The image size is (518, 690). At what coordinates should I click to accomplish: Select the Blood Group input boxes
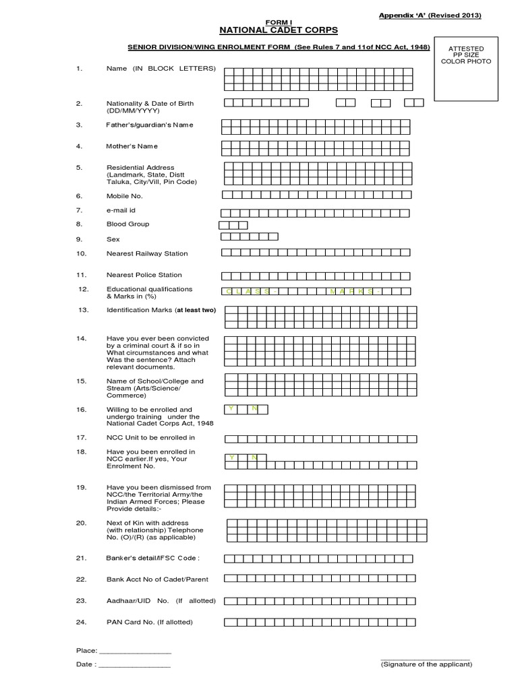[233, 225]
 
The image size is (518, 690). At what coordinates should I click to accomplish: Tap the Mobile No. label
[125, 196]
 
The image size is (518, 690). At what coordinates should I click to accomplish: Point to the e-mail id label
[121, 210]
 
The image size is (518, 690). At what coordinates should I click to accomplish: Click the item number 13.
[84, 310]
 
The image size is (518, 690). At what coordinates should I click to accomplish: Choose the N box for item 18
[254, 458]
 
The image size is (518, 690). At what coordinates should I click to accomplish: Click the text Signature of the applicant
[426, 664]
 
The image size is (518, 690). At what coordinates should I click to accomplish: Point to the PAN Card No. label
[150, 622]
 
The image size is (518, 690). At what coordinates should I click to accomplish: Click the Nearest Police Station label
[144, 275]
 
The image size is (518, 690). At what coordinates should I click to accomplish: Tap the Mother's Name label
[132, 146]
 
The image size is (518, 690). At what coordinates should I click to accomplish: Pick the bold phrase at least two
[196, 310]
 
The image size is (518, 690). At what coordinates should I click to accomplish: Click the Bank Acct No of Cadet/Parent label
[157, 579]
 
